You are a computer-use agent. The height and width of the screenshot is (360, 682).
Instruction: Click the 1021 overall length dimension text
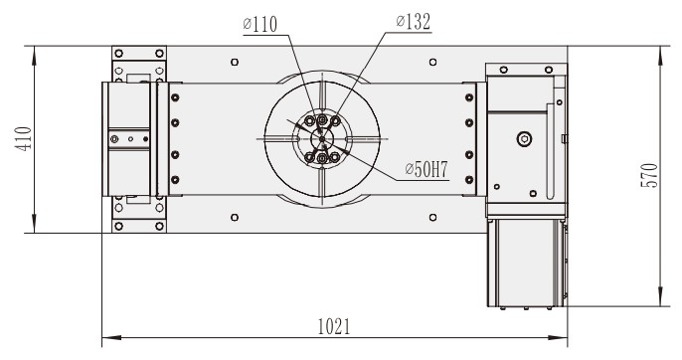(334, 325)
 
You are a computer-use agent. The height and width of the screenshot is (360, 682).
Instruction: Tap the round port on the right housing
(523, 139)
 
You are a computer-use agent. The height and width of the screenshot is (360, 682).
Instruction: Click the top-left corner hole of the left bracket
(119, 53)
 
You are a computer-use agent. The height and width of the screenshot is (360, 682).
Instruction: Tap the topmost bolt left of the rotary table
(175, 97)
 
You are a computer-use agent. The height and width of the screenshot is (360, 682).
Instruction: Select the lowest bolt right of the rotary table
(466, 179)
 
